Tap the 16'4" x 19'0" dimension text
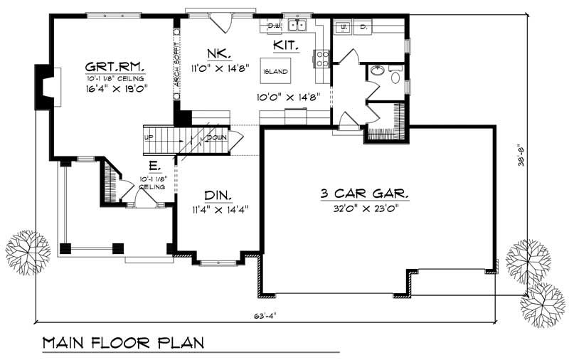pos(115,90)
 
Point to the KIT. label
pos(284,46)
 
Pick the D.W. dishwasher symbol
pos(273,26)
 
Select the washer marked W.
pos(343,26)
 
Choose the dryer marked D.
pos(362,26)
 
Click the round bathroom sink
pos(376,71)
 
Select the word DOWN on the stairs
pos(216,137)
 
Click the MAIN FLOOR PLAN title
pos(123,343)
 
